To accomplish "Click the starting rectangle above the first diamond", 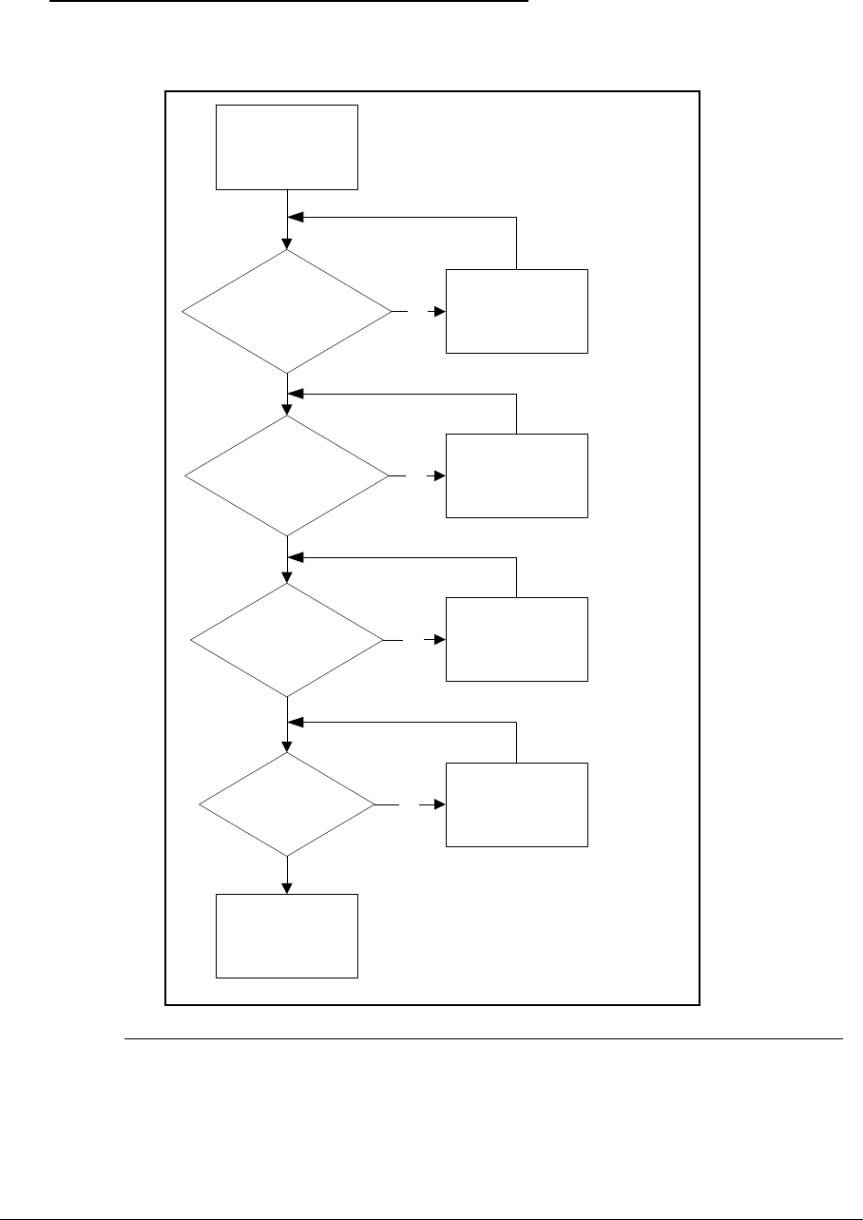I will [287, 147].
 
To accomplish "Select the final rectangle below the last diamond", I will [287, 936].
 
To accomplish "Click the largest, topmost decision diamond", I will [286, 311].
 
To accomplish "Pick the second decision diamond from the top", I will [286, 475].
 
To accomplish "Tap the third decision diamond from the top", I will [286, 640].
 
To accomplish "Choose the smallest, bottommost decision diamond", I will [286, 804].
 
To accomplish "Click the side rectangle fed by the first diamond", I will [517, 311].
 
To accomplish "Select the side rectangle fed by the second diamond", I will [517, 475].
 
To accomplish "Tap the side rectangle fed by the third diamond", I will [517, 639].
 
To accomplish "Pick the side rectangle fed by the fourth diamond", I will [517, 804].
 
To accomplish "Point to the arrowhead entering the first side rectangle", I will [440, 311].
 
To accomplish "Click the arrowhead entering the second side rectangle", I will [440, 475].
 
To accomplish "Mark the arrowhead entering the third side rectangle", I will [440, 640].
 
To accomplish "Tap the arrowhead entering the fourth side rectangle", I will [440, 804].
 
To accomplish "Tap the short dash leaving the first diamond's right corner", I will [399, 311].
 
